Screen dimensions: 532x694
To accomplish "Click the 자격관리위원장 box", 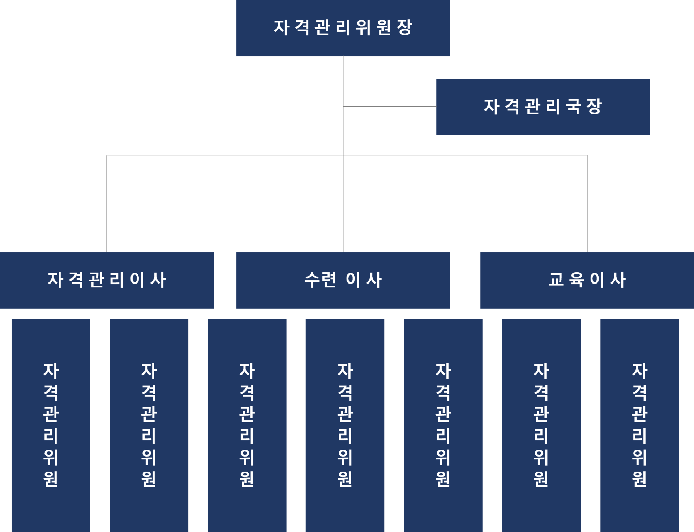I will coord(343,28).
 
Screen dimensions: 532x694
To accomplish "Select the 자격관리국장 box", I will coord(543,107).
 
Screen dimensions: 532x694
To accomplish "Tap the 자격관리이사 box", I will coord(107,280).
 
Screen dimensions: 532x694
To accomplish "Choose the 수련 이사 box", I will coord(343,280).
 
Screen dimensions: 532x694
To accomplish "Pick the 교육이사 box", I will coord(587,280).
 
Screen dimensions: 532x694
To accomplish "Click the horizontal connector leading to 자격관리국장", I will coord(390,107).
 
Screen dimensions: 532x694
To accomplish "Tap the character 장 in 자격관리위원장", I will coord(404,27).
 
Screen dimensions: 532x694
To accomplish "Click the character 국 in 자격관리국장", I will coord(574,107).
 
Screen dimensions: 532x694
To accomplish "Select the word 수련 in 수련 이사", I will coord(320,280).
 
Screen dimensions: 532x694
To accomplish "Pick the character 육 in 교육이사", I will coord(577,280).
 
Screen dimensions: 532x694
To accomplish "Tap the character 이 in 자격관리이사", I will coord(137,280).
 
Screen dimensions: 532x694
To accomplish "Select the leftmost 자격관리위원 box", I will coord(51,425).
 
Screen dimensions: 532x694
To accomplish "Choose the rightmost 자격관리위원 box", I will coord(639,425).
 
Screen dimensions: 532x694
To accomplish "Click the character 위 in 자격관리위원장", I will coord(363,27).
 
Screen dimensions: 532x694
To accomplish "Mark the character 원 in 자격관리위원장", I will coord(384,27).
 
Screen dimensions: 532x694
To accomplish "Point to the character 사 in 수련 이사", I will coord(374,280).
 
